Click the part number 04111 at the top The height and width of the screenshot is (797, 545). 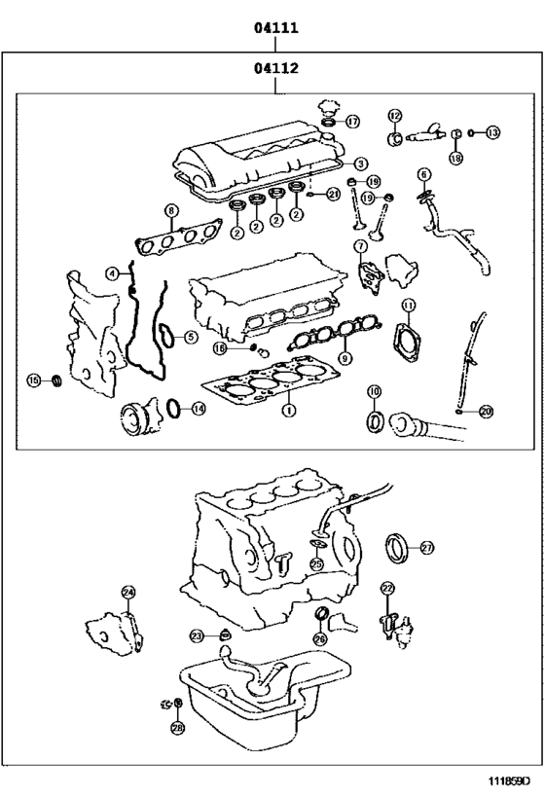click(276, 29)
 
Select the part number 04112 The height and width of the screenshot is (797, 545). click(276, 69)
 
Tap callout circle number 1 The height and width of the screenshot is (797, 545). click(288, 412)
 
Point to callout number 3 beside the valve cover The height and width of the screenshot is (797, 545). click(360, 164)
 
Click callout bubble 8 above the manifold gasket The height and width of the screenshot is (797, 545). click(171, 210)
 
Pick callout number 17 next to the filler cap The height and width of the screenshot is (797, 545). click(352, 122)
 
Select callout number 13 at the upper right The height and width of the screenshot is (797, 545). click(492, 132)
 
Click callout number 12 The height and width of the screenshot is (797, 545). click(395, 115)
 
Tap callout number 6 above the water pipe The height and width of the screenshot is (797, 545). click(423, 174)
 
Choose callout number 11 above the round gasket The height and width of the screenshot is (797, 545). click(408, 305)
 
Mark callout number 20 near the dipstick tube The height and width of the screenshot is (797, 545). click(487, 412)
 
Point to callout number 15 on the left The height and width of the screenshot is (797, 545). click(34, 380)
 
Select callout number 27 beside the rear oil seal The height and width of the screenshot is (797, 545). click(427, 549)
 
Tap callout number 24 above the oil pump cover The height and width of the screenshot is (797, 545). click(128, 592)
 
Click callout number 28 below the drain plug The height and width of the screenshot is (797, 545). click(177, 727)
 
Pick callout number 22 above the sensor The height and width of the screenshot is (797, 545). click(386, 588)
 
